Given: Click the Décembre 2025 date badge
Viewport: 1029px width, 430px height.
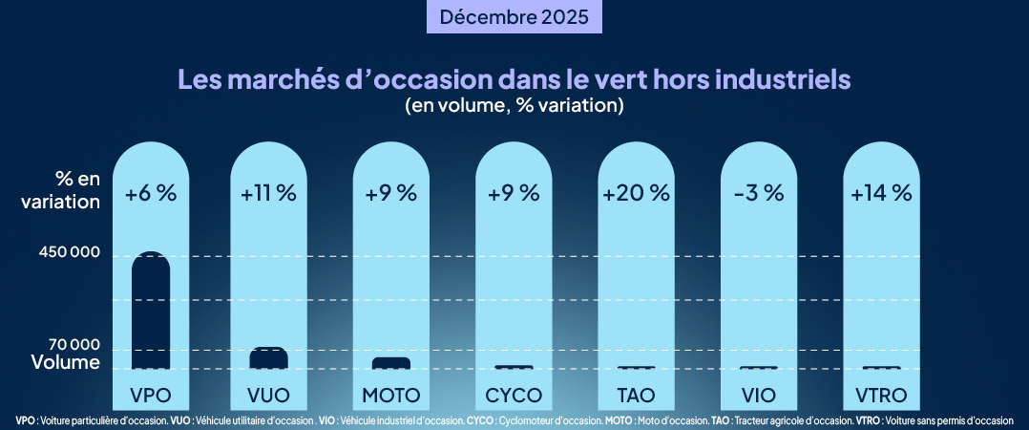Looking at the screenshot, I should pos(514,17).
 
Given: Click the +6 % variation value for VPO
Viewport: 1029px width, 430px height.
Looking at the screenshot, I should pos(151,193).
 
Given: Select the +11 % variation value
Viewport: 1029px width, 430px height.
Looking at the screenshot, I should pos(269,193).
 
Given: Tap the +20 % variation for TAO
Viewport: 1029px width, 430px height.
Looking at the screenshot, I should pos(636,193).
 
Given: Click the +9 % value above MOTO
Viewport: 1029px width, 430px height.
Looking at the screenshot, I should pos(391,193).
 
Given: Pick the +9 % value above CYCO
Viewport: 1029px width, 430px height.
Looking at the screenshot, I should pos(514,193).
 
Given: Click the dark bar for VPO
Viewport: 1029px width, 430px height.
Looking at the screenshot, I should pos(151,312).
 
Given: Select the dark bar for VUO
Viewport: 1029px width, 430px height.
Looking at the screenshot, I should pos(269,358).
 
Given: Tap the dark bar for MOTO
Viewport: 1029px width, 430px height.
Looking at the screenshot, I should pos(391,363).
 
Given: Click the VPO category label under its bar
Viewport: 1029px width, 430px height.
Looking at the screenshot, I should pos(151,395).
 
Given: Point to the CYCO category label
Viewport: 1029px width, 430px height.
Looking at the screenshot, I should pos(514,395).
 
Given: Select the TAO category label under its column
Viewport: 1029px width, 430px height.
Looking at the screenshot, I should pos(636,395).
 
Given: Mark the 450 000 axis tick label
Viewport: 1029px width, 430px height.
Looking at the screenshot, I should pos(66,255).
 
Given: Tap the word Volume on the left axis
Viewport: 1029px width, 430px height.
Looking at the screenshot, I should pos(65,363).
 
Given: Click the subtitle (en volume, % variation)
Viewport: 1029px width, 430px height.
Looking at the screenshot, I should pos(514,105).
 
